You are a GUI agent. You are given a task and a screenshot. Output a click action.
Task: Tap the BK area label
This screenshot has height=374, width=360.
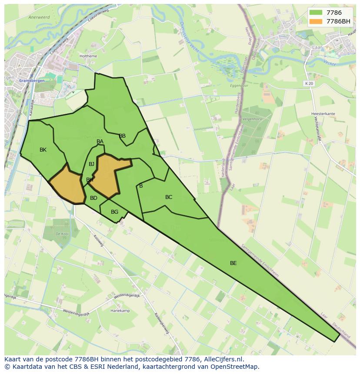click(43, 150)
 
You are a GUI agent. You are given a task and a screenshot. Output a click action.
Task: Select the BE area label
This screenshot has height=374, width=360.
click(233, 263)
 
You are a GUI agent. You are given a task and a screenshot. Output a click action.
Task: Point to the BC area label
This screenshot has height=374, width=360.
click(169, 197)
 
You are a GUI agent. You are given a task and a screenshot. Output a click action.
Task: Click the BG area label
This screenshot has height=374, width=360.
click(114, 212)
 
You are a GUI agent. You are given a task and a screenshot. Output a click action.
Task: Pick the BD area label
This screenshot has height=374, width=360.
click(93, 198)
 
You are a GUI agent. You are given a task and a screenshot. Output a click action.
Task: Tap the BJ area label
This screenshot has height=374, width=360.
click(91, 164)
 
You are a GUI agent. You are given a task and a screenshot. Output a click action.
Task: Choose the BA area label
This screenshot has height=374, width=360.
click(100, 142)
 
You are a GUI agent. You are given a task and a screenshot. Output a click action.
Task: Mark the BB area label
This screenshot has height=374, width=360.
click(122, 136)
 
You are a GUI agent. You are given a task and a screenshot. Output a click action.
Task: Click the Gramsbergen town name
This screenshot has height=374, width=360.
click(29, 81)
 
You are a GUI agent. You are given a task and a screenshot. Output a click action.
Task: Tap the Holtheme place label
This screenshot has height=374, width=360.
click(88, 56)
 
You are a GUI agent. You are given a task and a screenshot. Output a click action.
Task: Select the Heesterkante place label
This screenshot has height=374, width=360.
click(323, 114)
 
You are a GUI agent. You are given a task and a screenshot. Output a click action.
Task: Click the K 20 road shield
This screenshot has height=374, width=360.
click(309, 83)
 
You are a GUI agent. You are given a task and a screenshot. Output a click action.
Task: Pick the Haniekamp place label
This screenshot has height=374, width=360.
click(120, 311)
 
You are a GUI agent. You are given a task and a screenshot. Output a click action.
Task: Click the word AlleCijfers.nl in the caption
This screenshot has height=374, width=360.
click(223, 359)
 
